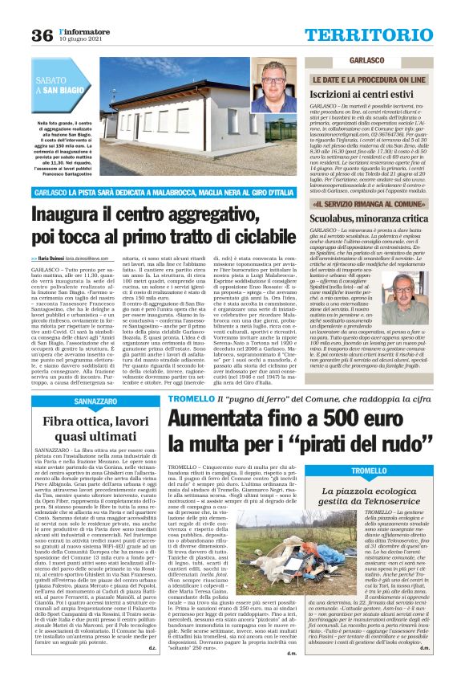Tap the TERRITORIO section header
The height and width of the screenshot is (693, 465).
(380, 34)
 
